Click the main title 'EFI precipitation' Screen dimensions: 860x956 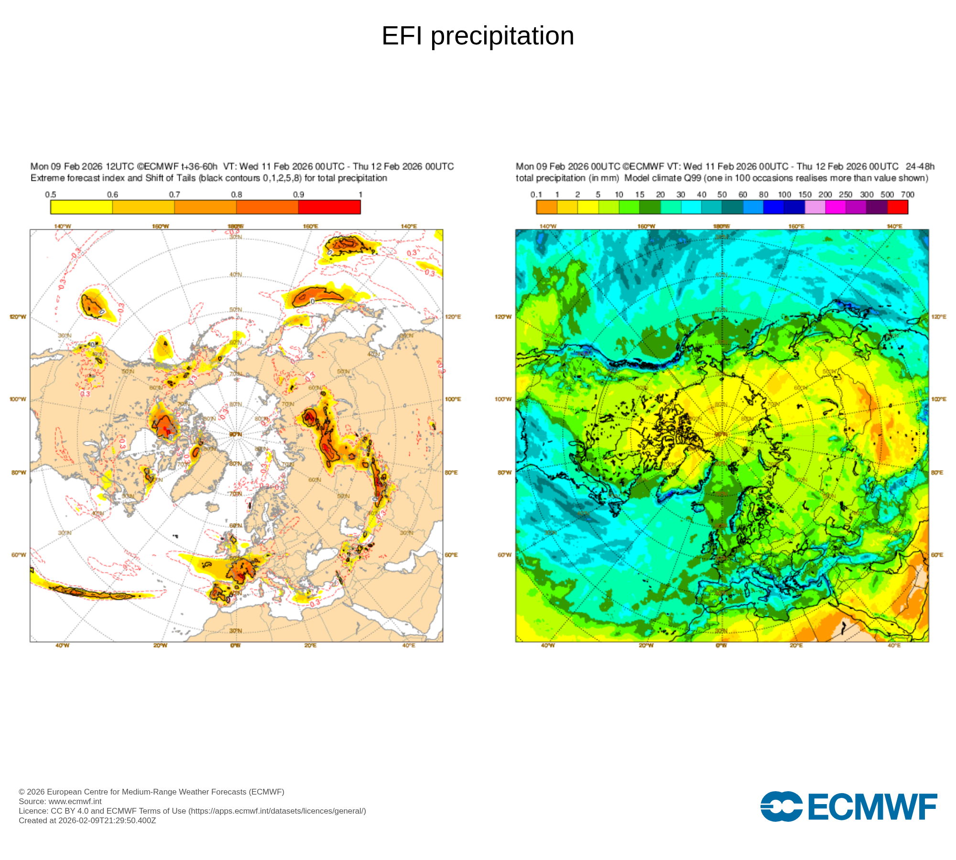[478, 36]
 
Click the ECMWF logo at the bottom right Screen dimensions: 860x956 [848, 806]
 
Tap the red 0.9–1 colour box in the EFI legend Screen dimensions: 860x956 [329, 207]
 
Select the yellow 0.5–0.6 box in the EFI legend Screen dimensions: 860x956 [81, 207]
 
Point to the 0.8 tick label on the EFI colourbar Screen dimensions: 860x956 [237, 194]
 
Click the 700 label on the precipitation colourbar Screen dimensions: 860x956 [907, 194]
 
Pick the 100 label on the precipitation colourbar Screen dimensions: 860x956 [784, 194]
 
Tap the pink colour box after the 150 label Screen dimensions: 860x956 [815, 207]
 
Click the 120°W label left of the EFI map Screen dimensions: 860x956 [18, 317]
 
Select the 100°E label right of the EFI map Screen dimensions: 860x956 [453, 399]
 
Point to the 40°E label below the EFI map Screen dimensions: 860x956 [409, 645]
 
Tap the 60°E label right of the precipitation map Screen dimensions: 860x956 [937, 555]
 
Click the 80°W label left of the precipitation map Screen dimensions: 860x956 [504, 473]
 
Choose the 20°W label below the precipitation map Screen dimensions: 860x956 [646, 645]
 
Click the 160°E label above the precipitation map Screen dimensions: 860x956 [796, 226]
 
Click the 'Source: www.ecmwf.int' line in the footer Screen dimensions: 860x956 [60, 801]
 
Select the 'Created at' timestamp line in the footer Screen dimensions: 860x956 [87, 820]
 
